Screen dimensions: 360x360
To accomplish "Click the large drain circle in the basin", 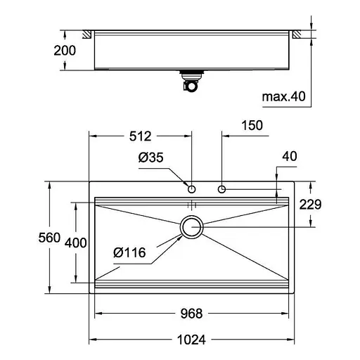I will (x=191, y=226).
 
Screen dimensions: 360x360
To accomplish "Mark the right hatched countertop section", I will (x=297, y=34).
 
